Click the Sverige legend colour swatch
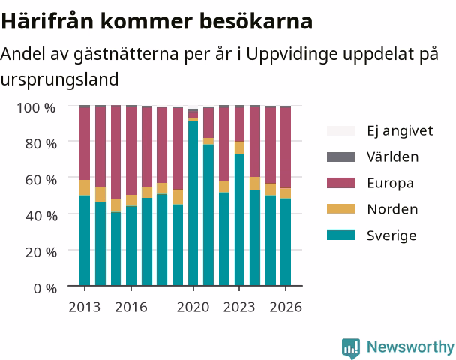(x=341, y=235)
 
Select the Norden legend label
(x=392, y=209)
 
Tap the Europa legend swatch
(x=341, y=183)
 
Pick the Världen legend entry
(x=392, y=157)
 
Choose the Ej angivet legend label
(x=400, y=130)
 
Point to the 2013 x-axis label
(x=84, y=307)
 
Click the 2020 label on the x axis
(x=193, y=307)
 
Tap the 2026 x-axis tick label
(x=286, y=307)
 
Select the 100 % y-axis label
(x=36, y=108)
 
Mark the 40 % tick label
(x=41, y=216)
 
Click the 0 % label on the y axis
(x=45, y=289)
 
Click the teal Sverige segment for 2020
(x=193, y=203)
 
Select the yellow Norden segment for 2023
(x=240, y=148)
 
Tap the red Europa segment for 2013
(x=85, y=144)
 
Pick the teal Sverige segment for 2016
(x=131, y=246)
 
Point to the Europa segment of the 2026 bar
(x=286, y=148)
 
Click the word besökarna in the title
(x=256, y=21)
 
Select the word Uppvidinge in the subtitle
(x=292, y=55)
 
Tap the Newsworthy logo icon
(x=351, y=348)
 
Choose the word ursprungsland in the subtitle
(x=59, y=79)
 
